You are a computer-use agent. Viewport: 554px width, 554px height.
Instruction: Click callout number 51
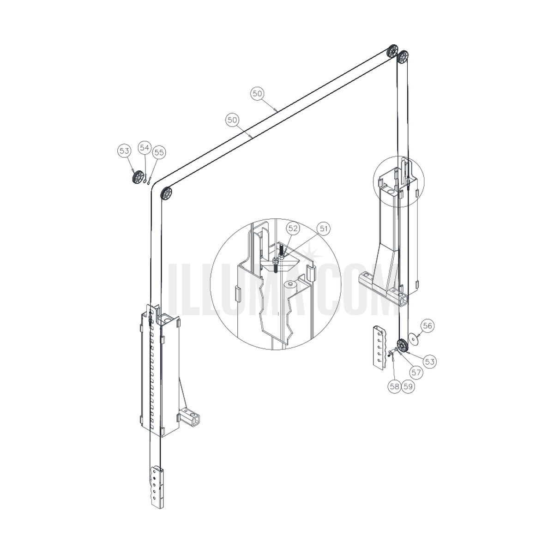coord(324,229)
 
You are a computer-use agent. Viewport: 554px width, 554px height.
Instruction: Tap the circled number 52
coord(293,229)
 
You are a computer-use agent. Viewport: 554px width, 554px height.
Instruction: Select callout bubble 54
coord(145,147)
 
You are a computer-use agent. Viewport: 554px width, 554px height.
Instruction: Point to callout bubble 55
coord(159,152)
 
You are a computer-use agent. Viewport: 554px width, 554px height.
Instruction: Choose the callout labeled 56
coord(428,326)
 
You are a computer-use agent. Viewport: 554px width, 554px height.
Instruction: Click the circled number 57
coord(416,373)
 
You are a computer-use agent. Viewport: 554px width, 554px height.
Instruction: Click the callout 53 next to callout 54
coord(124,151)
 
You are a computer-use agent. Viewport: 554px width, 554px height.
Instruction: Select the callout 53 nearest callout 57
coord(429,361)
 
